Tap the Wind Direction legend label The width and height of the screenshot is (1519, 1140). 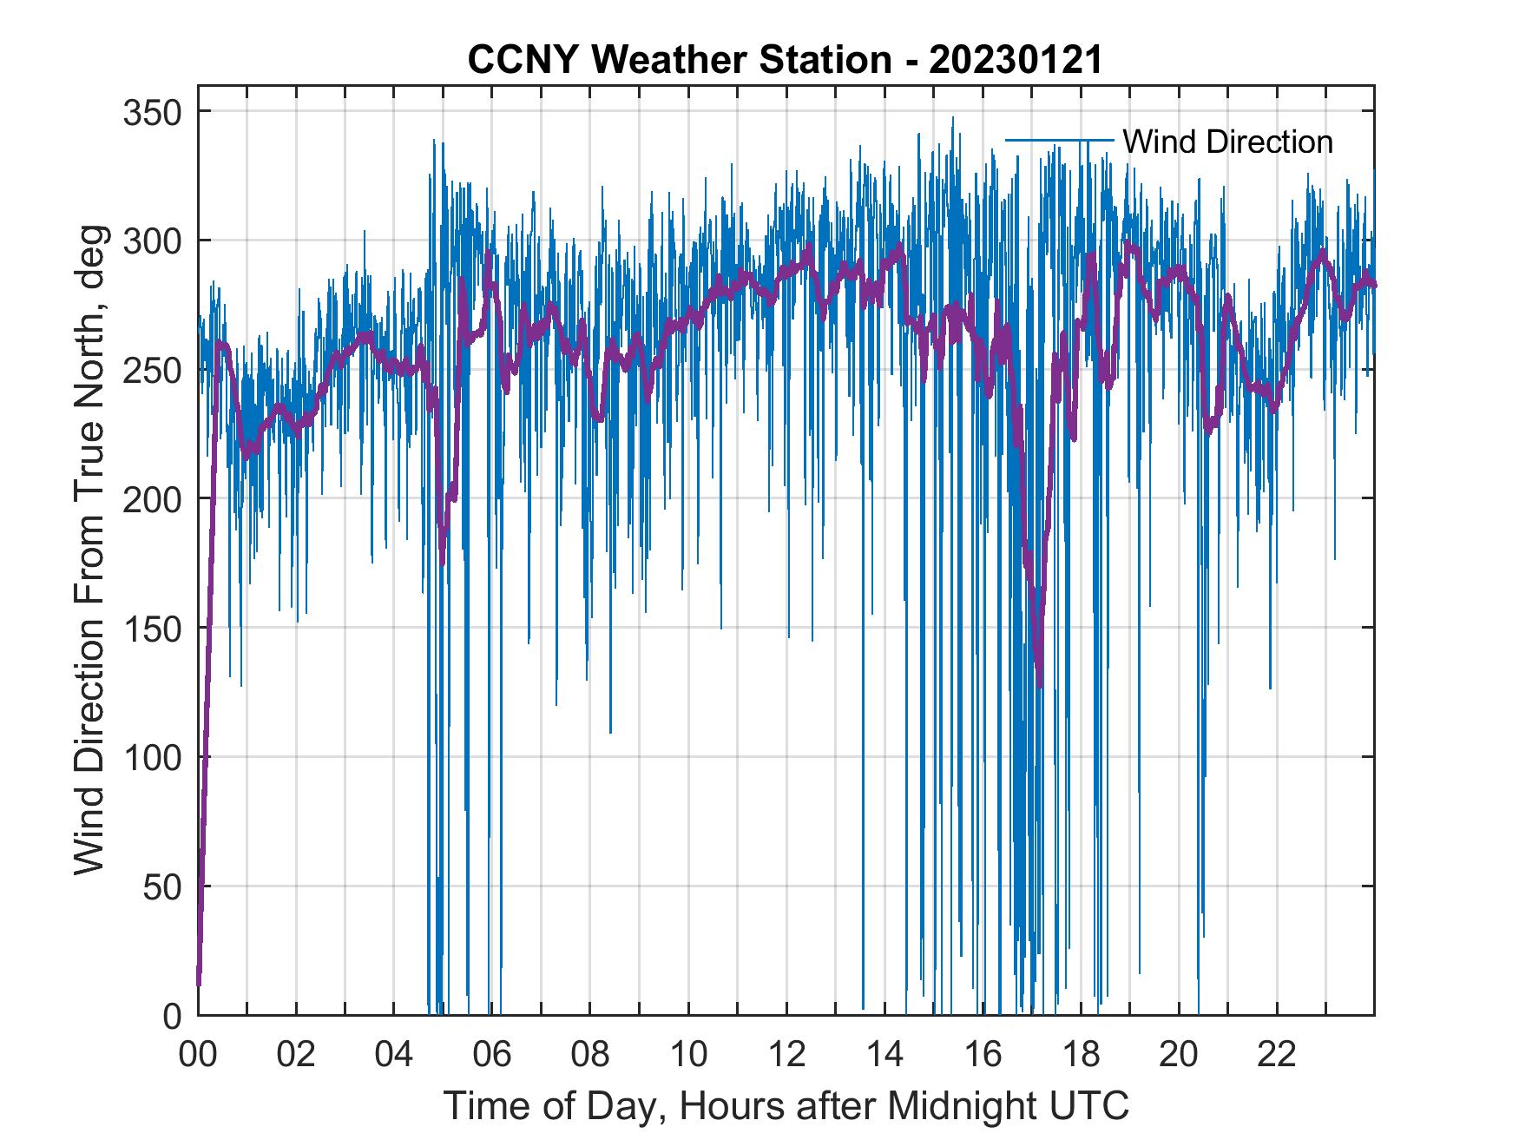1227,142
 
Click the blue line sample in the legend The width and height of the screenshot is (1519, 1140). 1059,140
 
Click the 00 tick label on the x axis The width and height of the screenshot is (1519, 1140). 198,1055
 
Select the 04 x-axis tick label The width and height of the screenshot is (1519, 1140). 394,1055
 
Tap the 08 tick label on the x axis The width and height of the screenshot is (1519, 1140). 590,1055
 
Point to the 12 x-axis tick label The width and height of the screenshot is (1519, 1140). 786,1055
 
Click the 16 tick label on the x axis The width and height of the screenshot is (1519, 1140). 983,1055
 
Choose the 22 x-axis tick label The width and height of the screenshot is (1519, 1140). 1277,1055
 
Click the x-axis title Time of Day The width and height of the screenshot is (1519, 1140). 786,1106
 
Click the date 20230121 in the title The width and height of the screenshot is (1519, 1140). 1015,60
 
